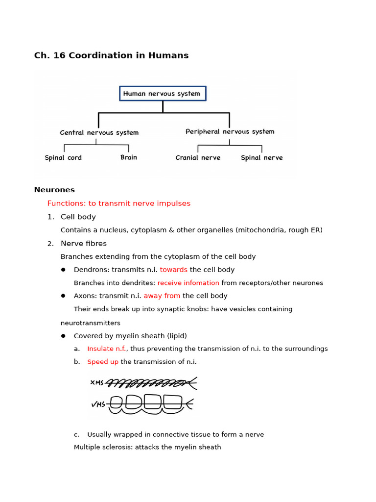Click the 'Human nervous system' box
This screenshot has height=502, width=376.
(x=163, y=94)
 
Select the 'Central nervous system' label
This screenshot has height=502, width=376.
(x=99, y=133)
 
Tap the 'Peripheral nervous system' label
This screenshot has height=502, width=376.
(x=230, y=132)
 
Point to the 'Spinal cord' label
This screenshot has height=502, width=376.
(x=63, y=158)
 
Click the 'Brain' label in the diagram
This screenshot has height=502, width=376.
(x=129, y=157)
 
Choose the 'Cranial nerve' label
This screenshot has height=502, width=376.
(x=198, y=158)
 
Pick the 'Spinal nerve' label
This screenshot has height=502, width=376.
(x=261, y=158)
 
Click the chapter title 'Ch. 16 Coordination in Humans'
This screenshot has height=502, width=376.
(x=111, y=56)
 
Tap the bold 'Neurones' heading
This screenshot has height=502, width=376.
(x=54, y=190)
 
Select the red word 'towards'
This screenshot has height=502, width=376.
(x=173, y=270)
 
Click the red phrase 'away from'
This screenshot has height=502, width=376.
(x=162, y=296)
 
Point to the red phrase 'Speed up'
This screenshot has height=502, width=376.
(x=103, y=362)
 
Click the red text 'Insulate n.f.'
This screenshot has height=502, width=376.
(x=106, y=349)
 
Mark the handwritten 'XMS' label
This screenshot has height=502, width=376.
(x=97, y=382)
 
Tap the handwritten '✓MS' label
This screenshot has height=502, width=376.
(x=98, y=404)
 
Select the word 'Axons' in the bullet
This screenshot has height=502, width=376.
(x=84, y=296)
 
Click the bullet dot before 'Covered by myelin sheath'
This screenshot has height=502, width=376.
(x=63, y=336)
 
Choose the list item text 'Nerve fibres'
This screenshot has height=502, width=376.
(x=84, y=244)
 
